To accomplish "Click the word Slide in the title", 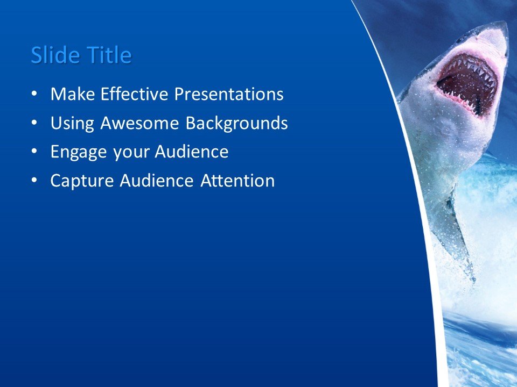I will pyautogui.click(x=53, y=55).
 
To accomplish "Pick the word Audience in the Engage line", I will pyautogui.click(x=192, y=152).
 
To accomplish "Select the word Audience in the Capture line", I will pyautogui.click(x=156, y=181).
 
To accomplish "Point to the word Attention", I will pyautogui.click(x=237, y=181).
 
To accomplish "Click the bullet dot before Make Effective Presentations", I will pyautogui.click(x=35, y=95).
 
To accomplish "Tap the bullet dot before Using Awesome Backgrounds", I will pyautogui.click(x=35, y=124).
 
